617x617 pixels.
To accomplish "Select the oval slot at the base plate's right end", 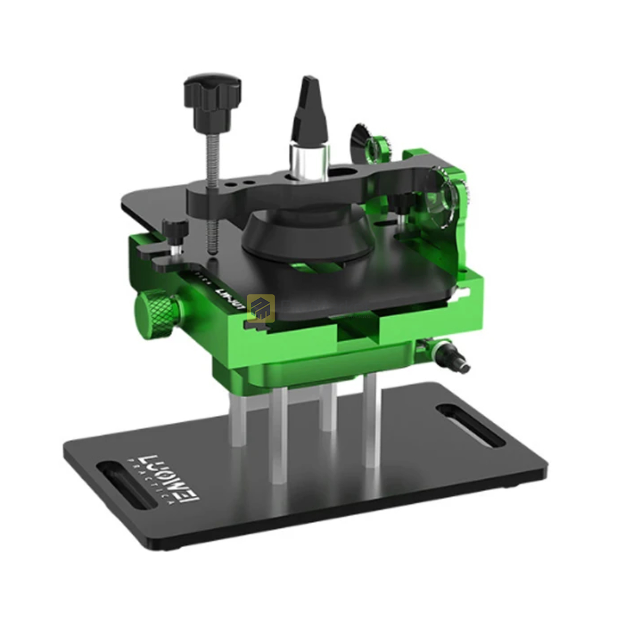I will click(x=470, y=425).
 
